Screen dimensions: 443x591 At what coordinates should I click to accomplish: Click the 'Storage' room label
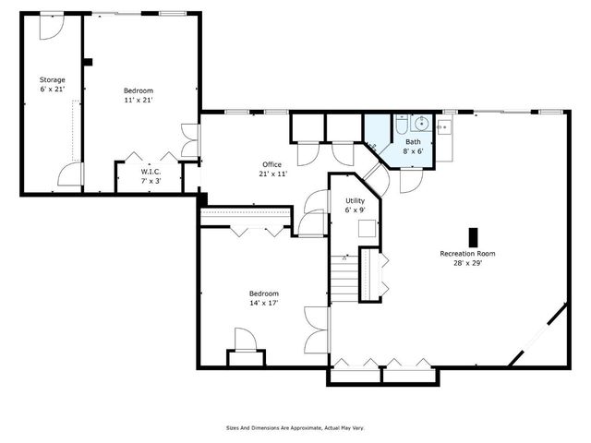tap(52, 79)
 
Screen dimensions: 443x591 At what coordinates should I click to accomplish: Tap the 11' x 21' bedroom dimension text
tap(138, 100)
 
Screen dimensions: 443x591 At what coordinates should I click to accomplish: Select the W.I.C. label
tap(151, 172)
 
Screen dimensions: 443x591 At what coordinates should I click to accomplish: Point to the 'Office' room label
tap(271, 164)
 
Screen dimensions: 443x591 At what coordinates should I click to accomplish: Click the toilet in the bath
tap(403, 126)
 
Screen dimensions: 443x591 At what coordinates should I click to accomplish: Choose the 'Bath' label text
tap(412, 142)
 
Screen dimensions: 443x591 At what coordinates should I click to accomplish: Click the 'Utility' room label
tap(355, 199)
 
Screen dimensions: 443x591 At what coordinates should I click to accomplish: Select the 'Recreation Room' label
tap(467, 253)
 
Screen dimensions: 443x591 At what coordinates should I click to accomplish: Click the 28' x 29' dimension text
tap(467, 262)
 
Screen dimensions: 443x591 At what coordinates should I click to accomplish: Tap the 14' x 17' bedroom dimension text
tap(264, 303)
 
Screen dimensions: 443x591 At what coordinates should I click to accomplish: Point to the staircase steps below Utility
tap(344, 276)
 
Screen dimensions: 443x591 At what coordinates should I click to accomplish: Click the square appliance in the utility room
tap(367, 231)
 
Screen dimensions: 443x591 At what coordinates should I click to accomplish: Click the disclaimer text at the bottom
tap(295, 427)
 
